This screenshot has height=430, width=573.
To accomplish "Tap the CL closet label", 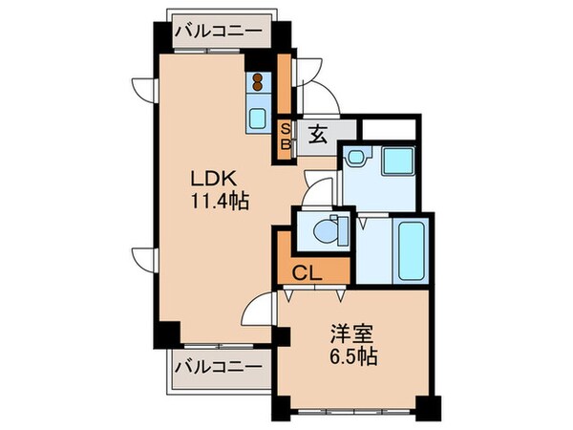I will [x=306, y=270].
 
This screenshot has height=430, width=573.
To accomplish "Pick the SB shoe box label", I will [x=284, y=136].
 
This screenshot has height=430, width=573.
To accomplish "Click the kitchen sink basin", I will [x=258, y=119].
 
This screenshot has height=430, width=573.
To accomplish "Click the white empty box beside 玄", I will [x=389, y=127].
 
